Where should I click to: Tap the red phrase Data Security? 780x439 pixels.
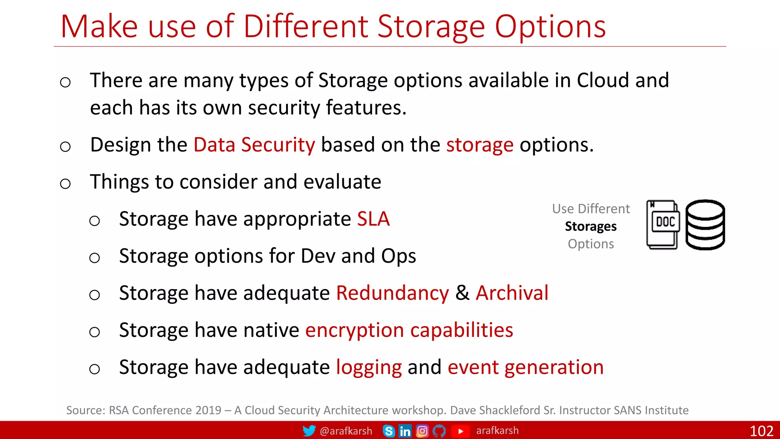tap(254, 145)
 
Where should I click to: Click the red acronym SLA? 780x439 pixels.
tap(373, 219)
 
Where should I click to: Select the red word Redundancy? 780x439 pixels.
tap(392, 293)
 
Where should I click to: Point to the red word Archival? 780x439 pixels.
tap(512, 293)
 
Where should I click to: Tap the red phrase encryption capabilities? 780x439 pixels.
tap(409, 330)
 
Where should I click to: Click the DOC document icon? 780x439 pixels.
tap(663, 225)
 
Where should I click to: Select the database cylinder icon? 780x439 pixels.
tap(705, 225)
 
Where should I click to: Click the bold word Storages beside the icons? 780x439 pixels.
tap(591, 227)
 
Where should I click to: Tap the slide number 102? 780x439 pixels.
tap(761, 431)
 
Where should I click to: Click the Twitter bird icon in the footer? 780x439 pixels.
tap(309, 431)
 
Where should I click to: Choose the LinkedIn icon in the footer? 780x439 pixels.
tap(405, 431)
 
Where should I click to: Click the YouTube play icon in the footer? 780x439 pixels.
tap(460, 431)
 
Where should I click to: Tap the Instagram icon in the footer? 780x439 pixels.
tap(422, 431)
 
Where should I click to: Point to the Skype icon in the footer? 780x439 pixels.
tap(388, 431)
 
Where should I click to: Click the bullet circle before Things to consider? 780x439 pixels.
tap(66, 184)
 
